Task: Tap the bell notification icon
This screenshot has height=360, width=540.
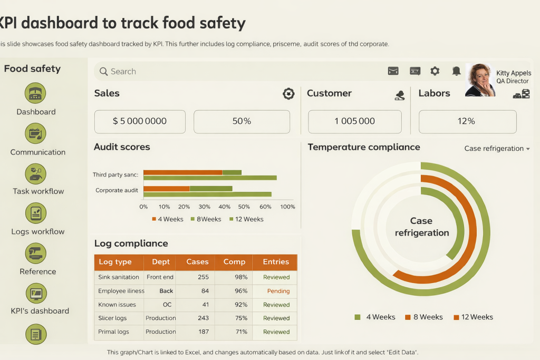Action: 456,71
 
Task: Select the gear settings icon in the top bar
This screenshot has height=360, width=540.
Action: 435,71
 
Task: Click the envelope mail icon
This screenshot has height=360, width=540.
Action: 393,71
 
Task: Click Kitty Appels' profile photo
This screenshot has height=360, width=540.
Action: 480,80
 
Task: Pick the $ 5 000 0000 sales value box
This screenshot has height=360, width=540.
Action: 140,121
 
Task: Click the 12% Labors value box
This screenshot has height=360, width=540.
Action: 467,121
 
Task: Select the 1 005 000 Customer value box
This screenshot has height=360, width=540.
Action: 354,121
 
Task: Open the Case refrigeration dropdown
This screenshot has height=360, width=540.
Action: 497,149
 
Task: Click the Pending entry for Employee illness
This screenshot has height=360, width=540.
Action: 278,291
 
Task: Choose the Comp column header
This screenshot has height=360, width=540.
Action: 234,262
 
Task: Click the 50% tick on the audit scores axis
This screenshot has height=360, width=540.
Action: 244,207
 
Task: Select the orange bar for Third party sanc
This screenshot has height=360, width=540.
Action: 182,172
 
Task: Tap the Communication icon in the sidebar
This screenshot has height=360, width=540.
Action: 35,133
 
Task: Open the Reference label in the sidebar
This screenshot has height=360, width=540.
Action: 38,272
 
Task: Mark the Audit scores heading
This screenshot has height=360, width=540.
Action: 122,148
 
